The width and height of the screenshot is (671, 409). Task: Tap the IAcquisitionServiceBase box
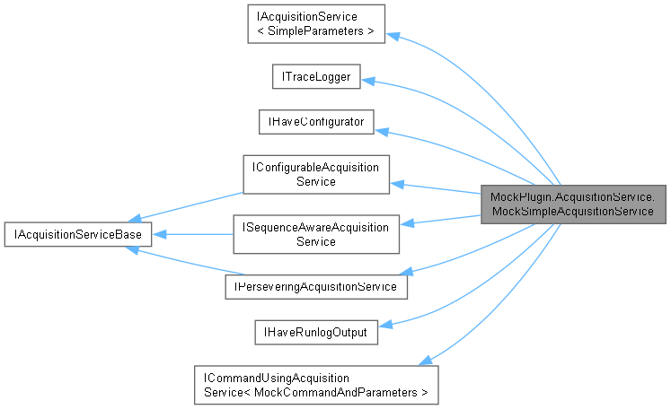tap(77, 235)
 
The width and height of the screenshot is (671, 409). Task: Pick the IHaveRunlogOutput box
tap(315, 332)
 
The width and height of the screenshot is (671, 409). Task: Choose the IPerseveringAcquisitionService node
tap(315, 286)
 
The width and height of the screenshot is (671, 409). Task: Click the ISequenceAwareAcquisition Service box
tap(315, 234)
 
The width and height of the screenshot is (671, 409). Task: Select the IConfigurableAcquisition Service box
tap(315, 174)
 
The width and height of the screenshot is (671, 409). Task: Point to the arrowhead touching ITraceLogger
tap(368, 81)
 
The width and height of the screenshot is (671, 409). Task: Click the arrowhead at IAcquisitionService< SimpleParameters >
tap(394, 36)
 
